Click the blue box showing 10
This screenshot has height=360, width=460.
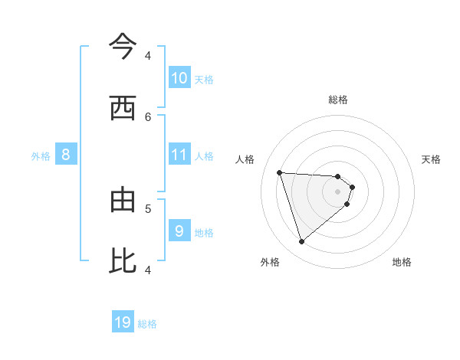point(179,78)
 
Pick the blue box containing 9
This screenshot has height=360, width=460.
point(179,230)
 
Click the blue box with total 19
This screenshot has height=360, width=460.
point(123,322)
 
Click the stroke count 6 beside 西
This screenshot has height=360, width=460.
point(148,116)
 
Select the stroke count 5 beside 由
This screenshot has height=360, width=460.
point(148,208)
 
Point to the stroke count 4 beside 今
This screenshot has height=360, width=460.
point(148,55)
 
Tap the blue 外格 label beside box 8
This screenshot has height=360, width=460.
point(41,156)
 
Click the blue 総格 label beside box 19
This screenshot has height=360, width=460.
point(147,325)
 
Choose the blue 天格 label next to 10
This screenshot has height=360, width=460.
point(204,80)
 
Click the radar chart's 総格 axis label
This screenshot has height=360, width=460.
point(338,100)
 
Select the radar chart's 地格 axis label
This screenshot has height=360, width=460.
point(402,262)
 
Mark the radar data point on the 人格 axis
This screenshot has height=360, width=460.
point(280,172)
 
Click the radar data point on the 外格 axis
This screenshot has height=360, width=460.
point(301,242)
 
